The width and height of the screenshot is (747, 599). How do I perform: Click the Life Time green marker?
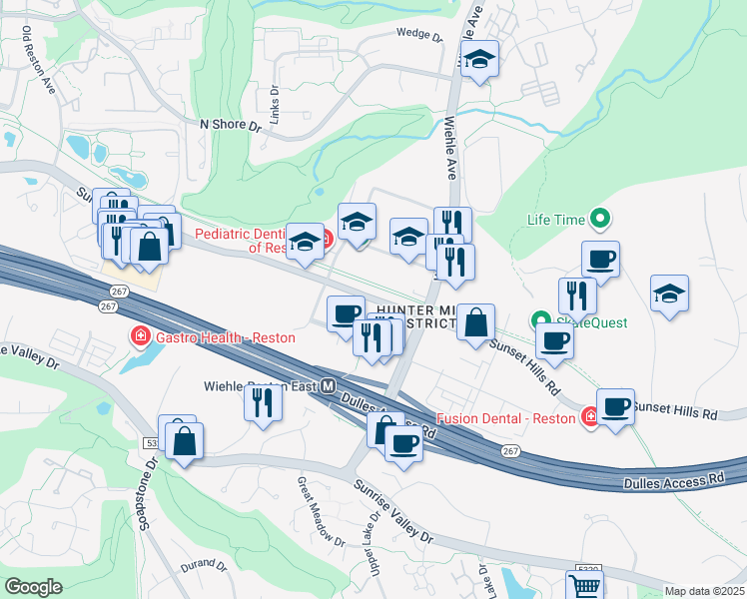coord(599,217)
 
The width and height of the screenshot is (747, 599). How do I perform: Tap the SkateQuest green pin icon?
coord(540,321)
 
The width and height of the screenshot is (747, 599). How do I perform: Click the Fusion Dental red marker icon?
coord(591,416)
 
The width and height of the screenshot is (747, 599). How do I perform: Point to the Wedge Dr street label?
coord(419,34)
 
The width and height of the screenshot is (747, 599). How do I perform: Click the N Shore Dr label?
coord(230,126)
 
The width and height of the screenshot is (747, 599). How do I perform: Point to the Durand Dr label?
coord(203,565)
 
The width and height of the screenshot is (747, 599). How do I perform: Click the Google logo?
coord(34,587)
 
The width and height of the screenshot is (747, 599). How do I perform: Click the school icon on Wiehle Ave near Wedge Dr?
coord(479,61)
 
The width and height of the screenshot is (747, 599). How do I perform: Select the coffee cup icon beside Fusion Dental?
coord(615,407)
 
